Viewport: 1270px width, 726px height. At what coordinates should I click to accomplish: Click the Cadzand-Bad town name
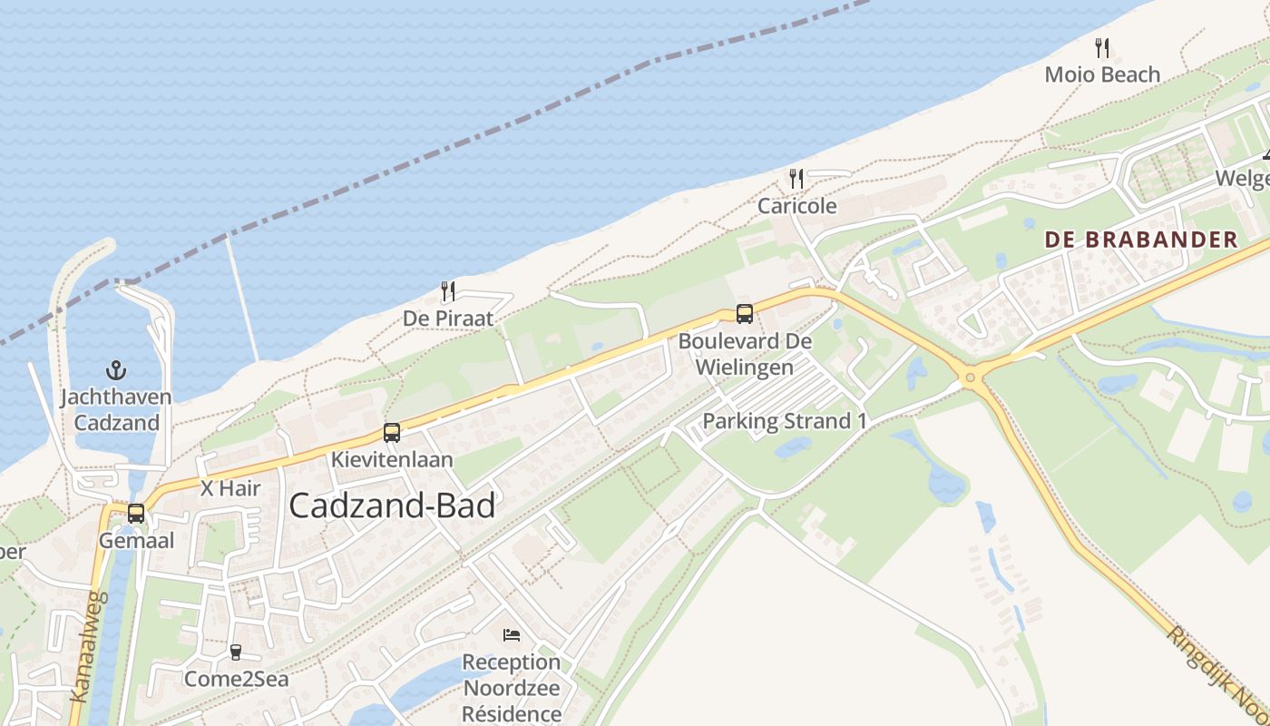pyautogui.click(x=392, y=505)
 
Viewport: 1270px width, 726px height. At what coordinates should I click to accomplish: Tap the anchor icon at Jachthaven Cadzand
pyautogui.click(x=116, y=370)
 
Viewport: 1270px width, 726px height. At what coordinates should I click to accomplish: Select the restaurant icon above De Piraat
pyautogui.click(x=447, y=291)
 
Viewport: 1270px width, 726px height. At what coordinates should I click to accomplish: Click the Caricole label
pyautogui.click(x=796, y=206)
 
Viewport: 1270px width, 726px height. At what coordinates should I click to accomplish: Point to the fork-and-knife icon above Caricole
pyautogui.click(x=796, y=178)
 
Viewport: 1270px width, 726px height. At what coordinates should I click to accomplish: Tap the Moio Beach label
pyautogui.click(x=1102, y=74)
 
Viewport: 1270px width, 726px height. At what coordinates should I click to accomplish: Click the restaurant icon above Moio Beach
pyautogui.click(x=1102, y=47)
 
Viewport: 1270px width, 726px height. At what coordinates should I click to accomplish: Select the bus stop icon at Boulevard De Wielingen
pyautogui.click(x=744, y=314)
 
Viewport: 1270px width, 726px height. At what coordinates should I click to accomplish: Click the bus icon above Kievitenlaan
pyautogui.click(x=391, y=432)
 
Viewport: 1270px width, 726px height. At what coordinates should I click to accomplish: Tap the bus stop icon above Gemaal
pyautogui.click(x=136, y=513)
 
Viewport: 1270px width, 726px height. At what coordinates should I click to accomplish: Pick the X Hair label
pyautogui.click(x=230, y=488)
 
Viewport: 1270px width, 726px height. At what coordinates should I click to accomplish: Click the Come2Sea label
pyautogui.click(x=236, y=679)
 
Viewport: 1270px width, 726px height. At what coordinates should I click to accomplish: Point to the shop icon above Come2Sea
pyautogui.click(x=236, y=652)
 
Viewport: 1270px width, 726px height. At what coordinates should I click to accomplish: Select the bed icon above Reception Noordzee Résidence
pyautogui.click(x=512, y=634)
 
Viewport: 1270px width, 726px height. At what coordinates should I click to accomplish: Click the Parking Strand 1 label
pyautogui.click(x=785, y=421)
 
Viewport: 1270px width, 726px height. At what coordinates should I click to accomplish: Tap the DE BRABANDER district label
pyautogui.click(x=1140, y=240)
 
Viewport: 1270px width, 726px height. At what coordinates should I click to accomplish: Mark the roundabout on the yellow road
pyautogui.click(x=970, y=377)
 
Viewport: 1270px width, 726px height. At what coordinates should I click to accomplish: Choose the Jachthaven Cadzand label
pyautogui.click(x=116, y=410)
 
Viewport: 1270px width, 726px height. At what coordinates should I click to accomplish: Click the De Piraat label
pyautogui.click(x=448, y=319)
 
